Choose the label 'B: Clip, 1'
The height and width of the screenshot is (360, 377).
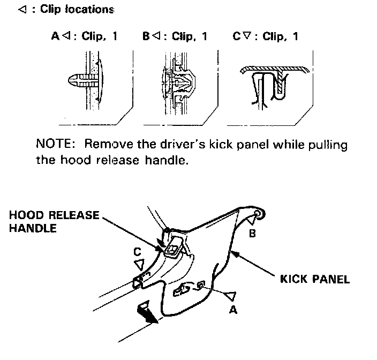(175, 37)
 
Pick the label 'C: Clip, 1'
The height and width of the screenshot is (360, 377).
(266, 37)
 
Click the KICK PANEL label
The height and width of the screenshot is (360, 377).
(315, 279)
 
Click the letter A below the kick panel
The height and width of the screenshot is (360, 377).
(232, 309)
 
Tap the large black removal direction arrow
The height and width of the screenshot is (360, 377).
(147, 313)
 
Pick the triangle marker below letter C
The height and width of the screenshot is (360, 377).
(140, 264)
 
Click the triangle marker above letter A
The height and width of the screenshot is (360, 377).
(231, 295)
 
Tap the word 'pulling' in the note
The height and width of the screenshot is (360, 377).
(328, 145)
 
